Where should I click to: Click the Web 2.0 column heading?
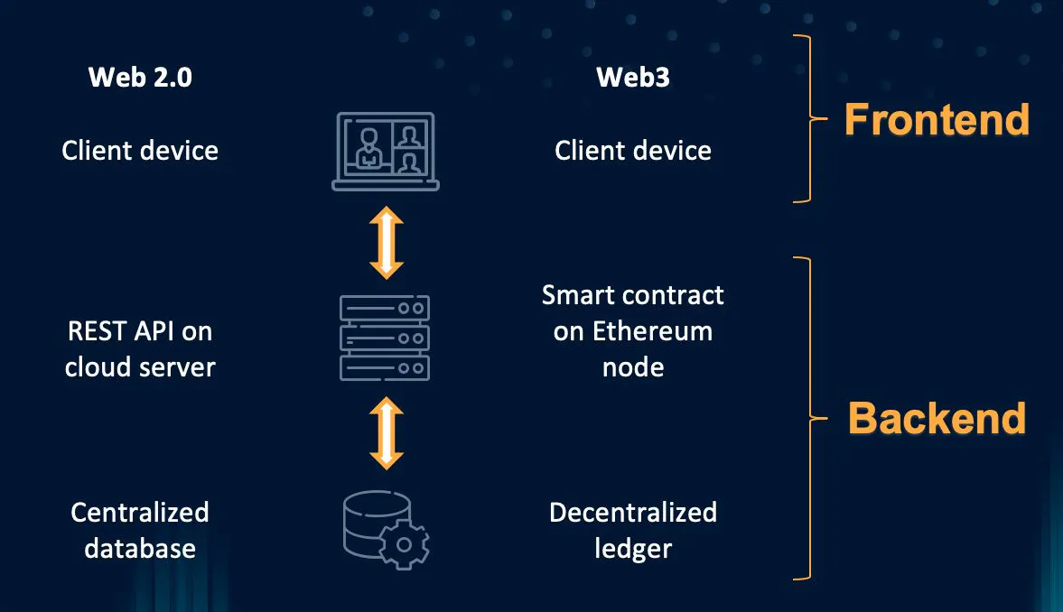pyautogui.click(x=140, y=78)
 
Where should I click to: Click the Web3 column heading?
pyautogui.click(x=632, y=78)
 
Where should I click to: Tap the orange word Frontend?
pyautogui.click(x=937, y=119)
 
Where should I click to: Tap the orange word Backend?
pyautogui.click(x=937, y=418)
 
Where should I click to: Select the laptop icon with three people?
pyautogui.click(x=386, y=151)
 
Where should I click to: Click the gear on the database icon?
pyautogui.click(x=404, y=544)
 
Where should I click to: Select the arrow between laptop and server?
pyautogui.click(x=386, y=242)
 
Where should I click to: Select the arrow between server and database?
pyautogui.click(x=386, y=433)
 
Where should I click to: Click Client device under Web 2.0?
pyautogui.click(x=140, y=150)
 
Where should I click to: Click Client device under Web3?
pyautogui.click(x=632, y=150)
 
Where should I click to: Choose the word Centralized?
pyautogui.click(x=140, y=513)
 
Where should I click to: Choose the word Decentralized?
pyautogui.click(x=632, y=513)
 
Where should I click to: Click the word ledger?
pyautogui.click(x=632, y=548)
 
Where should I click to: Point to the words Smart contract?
pyautogui.click(x=632, y=295)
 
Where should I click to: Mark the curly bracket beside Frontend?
pyautogui.click(x=809, y=119)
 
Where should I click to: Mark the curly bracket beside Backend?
pyautogui.click(x=809, y=418)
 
